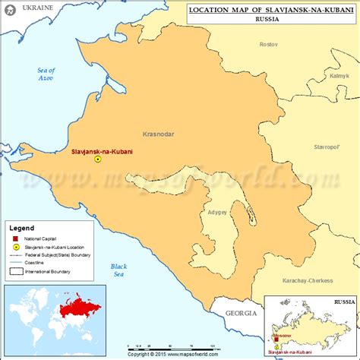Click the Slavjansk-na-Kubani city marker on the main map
97,159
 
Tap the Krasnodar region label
157,134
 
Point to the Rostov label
268,45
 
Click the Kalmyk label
339,76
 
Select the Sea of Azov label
47,74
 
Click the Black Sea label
118,270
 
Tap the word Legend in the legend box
21,227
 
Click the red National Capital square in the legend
15,238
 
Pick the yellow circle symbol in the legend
15,247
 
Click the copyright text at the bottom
179,354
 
